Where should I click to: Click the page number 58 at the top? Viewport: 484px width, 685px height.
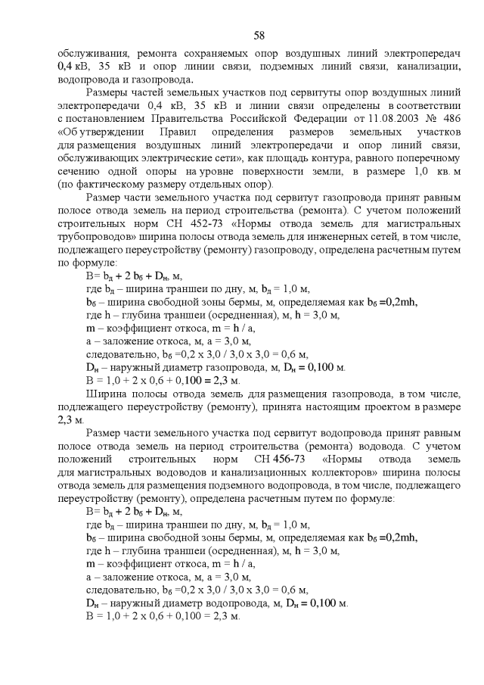pos(259,36)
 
